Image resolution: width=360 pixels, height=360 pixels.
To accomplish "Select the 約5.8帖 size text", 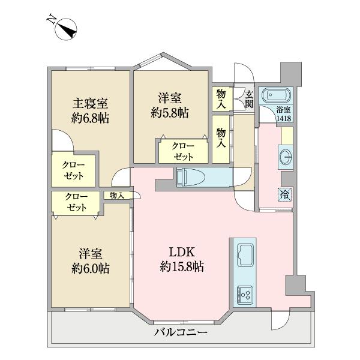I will pyautogui.click(x=170, y=112).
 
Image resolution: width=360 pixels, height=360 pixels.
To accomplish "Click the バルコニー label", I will pyautogui.click(x=181, y=332).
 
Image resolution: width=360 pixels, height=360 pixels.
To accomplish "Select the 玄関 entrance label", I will pyautogui.click(x=248, y=99).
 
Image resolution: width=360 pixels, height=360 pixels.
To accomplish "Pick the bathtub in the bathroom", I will pyautogui.click(x=277, y=95).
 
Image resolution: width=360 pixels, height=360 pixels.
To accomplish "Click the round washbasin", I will pyautogui.click(x=286, y=157).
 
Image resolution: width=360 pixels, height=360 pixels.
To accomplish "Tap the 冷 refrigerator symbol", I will pyautogui.click(x=284, y=194).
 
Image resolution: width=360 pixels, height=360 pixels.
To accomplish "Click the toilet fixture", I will pyautogui.click(x=193, y=177).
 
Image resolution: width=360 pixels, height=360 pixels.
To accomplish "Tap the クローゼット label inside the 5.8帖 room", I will pyautogui.click(x=183, y=151).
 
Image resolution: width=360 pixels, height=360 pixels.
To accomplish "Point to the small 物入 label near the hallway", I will pyautogui.click(x=117, y=195).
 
